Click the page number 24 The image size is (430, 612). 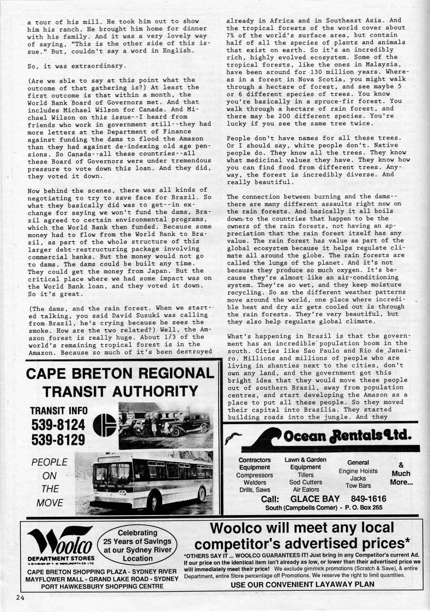tap(20, 597)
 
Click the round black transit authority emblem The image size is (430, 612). tap(105, 425)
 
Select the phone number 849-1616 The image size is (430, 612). tap(368, 498)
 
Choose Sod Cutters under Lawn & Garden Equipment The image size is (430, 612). tap(305, 482)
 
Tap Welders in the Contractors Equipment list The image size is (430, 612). tap(255, 482)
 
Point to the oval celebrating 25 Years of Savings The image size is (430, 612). tap(138, 545)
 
